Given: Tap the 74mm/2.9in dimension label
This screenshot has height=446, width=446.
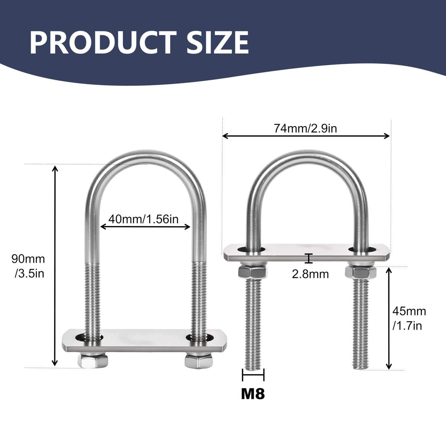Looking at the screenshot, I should coord(305,128).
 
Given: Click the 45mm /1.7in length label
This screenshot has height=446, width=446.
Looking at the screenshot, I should coord(409,318).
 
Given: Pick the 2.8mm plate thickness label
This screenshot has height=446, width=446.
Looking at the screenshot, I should coord(310,274).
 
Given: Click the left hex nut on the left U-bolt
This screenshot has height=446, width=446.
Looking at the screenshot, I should coord(93,361).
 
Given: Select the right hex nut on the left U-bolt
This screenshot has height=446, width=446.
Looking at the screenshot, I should coord(199,360).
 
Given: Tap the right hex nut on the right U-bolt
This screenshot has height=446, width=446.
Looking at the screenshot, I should coord(361,272).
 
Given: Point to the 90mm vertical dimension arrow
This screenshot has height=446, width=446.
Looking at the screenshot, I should coord(55,266).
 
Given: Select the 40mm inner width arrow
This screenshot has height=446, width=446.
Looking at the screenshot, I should coord(145,227).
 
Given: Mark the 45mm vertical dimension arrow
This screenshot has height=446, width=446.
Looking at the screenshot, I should coord(389,318).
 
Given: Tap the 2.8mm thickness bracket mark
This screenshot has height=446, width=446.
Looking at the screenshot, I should coord(309,258).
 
